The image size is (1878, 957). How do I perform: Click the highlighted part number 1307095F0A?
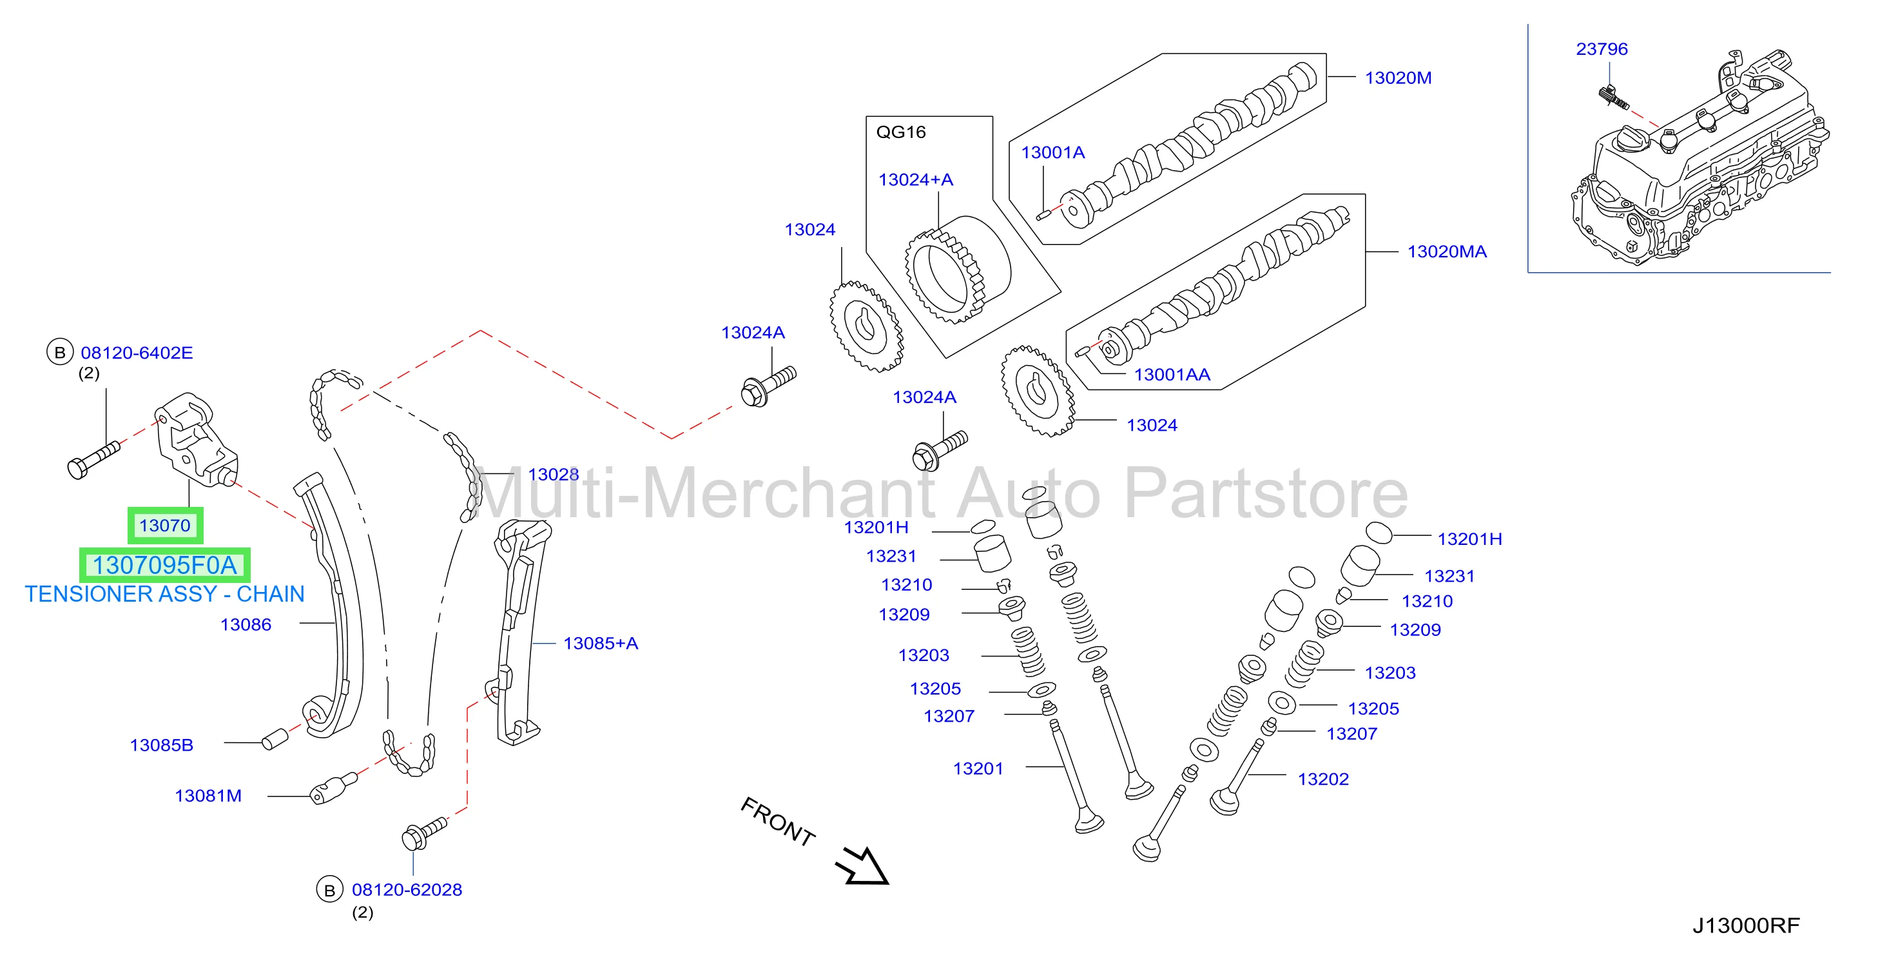tap(165, 566)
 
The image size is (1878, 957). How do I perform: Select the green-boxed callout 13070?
tap(165, 525)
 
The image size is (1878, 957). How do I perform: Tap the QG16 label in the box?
tap(900, 132)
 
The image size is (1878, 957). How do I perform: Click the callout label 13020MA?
tap(1446, 252)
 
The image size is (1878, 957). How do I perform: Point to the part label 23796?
tap(1602, 49)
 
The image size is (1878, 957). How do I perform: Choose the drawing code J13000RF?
tap(1745, 925)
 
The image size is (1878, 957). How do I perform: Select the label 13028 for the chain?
tap(554, 474)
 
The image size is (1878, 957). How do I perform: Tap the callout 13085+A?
tap(601, 644)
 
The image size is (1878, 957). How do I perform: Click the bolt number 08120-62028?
tap(407, 890)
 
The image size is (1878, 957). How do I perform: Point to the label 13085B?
tap(162, 745)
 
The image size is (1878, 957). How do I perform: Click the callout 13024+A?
tap(916, 179)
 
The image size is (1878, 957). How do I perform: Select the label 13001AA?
tap(1172, 375)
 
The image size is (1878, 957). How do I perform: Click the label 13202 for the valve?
tap(1323, 779)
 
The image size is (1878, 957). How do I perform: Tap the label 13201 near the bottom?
tap(978, 769)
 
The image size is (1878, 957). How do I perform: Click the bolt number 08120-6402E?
tap(137, 353)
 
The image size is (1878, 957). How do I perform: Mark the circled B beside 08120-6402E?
tap(60, 353)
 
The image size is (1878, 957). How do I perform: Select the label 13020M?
tap(1399, 78)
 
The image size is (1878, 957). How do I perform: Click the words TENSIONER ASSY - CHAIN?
tap(165, 595)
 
